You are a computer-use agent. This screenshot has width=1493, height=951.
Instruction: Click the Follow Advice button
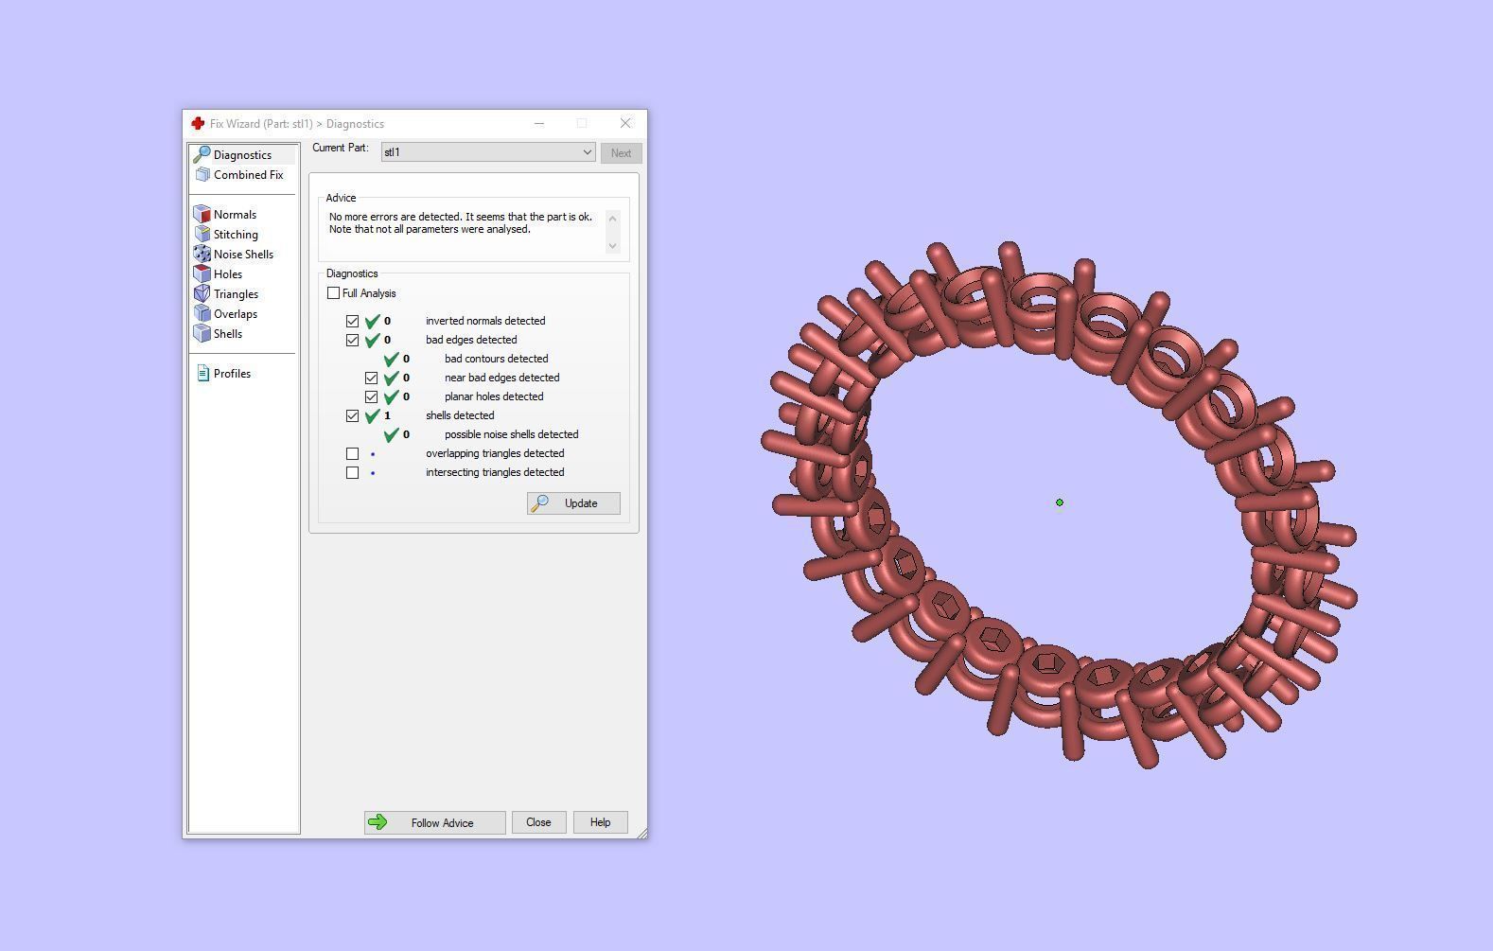[x=434, y=822]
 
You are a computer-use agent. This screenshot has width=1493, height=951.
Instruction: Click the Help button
[x=600, y=822]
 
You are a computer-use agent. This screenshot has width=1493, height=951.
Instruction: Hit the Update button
[x=573, y=503]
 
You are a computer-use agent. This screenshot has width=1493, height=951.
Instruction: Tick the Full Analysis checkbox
[x=333, y=293]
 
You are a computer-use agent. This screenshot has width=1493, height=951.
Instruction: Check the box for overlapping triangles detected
[x=353, y=454]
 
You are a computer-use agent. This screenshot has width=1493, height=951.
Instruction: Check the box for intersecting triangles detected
[x=353, y=472]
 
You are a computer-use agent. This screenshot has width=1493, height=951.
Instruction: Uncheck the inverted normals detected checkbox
[x=353, y=321]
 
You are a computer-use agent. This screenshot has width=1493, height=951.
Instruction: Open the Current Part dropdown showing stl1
[x=488, y=152]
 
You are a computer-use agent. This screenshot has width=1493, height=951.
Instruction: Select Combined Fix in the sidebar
[x=248, y=175]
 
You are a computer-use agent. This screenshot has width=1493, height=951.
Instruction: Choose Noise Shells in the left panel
[x=243, y=254]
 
